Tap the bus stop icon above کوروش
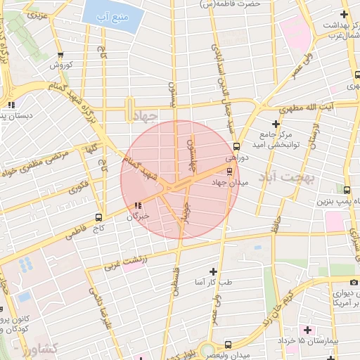click(x=61, y=54)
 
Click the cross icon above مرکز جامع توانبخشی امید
click(x=276, y=124)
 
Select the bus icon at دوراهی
click(x=236, y=147)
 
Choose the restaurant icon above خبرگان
click(x=138, y=206)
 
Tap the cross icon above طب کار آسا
click(x=213, y=271)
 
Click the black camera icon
click(x=354, y=282)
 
